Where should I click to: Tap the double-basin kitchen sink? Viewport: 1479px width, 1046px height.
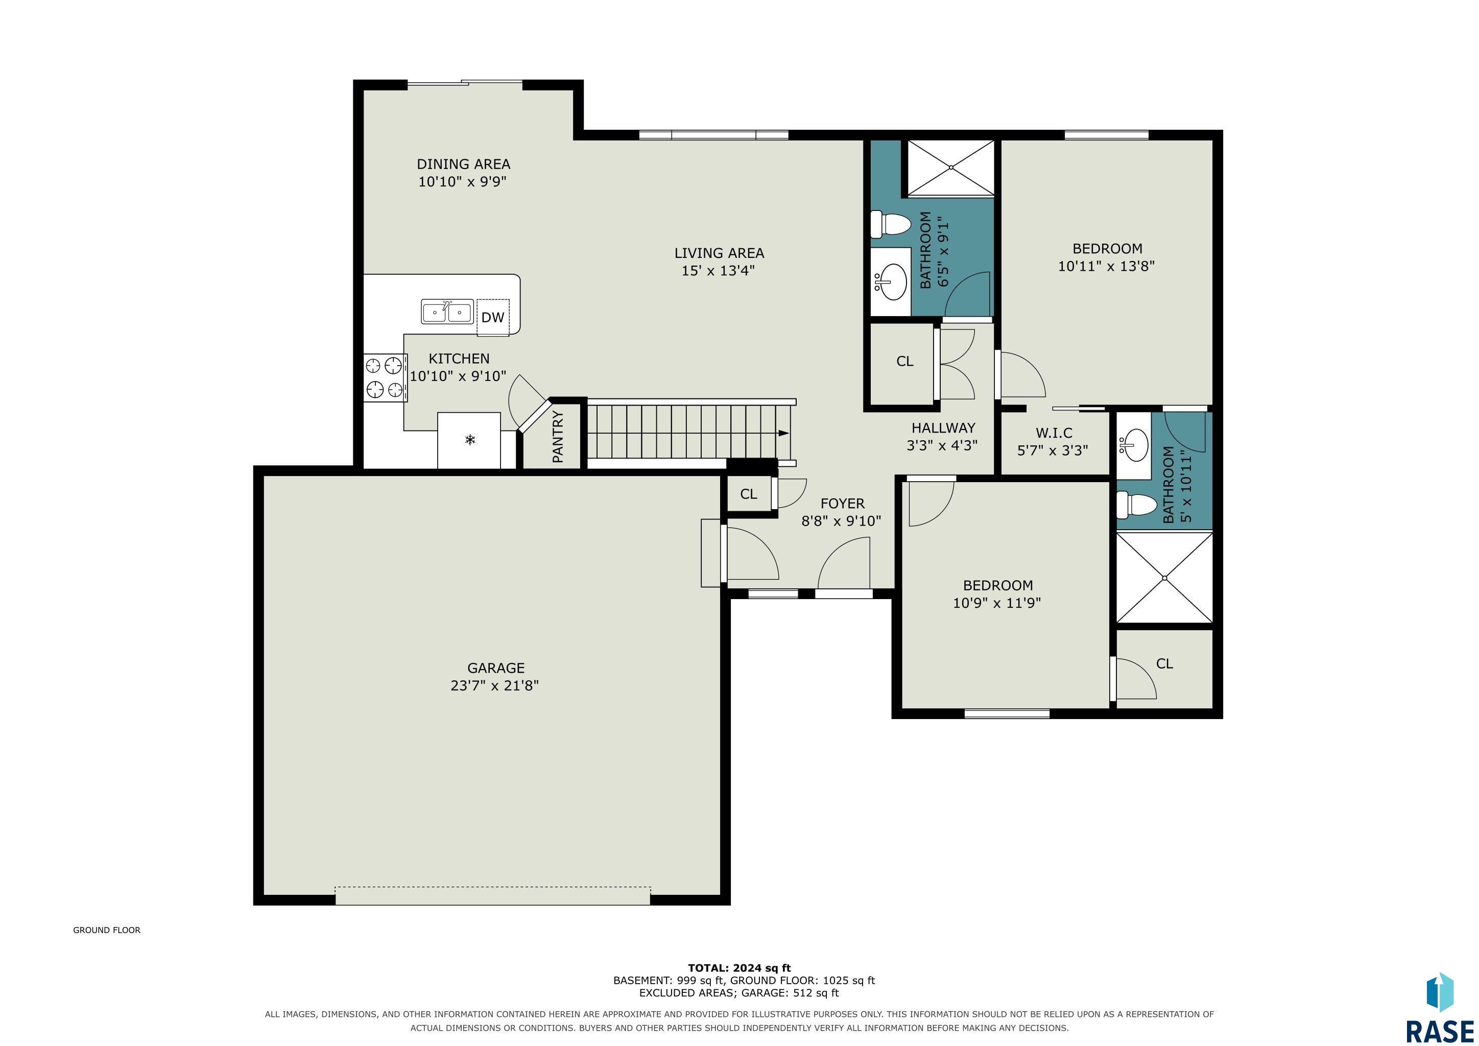(x=447, y=312)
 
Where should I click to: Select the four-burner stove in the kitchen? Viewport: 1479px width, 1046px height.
(x=385, y=378)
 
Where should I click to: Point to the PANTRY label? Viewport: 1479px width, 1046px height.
(x=558, y=437)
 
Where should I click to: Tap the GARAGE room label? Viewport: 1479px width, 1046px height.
(x=496, y=669)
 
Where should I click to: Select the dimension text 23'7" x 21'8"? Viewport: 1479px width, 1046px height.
(x=495, y=685)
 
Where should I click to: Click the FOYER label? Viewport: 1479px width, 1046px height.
(x=842, y=504)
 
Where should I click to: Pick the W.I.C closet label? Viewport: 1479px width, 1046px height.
(x=1054, y=433)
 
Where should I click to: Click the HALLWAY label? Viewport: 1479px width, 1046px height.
(x=943, y=427)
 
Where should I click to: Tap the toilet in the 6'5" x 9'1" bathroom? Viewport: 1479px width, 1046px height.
(x=890, y=224)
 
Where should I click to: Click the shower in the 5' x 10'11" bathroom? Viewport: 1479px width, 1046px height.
(x=1164, y=578)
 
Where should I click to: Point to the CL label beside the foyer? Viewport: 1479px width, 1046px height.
(x=749, y=494)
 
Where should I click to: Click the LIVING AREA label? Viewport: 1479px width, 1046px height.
(x=719, y=253)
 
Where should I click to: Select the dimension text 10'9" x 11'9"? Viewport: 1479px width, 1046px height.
(x=997, y=603)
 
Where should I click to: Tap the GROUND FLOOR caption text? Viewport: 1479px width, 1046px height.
(x=107, y=930)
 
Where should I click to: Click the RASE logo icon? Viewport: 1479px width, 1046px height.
(x=1440, y=992)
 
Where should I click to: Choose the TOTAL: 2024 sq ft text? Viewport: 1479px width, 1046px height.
(x=739, y=968)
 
